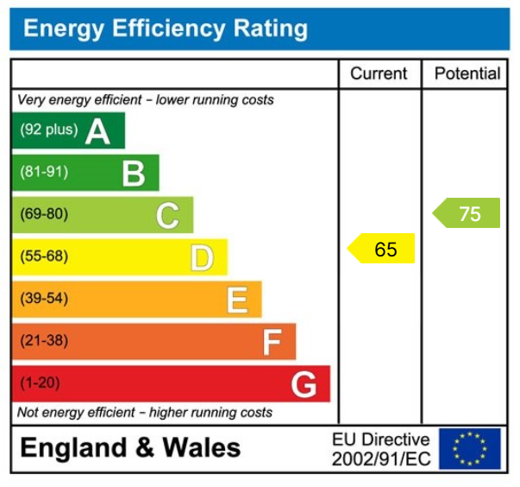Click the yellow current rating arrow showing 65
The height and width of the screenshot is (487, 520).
click(382, 250)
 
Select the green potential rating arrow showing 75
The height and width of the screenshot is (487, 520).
click(467, 213)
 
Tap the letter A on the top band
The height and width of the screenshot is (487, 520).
click(97, 131)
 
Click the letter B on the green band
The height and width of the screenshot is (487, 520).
click(133, 174)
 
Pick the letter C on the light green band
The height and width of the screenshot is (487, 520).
click(167, 215)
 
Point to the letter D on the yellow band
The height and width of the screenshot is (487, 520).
click(202, 257)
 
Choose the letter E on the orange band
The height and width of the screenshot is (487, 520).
click(237, 300)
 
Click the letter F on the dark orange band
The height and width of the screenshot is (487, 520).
click(272, 342)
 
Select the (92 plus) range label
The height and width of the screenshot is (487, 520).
click(48, 130)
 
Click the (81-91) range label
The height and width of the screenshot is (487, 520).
click(44, 172)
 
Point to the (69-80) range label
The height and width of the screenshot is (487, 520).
click(44, 214)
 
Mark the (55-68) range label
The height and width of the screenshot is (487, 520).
click(44, 256)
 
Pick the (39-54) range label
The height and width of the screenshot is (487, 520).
click(44, 299)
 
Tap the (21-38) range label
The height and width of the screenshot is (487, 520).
click(44, 341)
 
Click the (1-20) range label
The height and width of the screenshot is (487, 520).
click(41, 383)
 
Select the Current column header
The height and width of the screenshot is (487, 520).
click(379, 73)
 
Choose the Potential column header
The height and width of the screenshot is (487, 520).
click(467, 73)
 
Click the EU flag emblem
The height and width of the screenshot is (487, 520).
click(469, 449)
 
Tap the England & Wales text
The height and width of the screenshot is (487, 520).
click(130, 448)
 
